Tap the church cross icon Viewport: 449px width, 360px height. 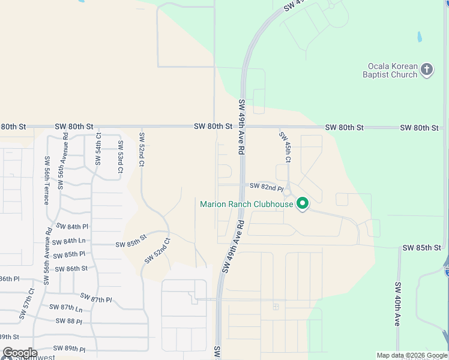[x=427, y=70]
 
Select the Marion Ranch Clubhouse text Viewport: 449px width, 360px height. [x=246, y=204]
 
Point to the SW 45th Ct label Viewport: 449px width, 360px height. [x=285, y=147]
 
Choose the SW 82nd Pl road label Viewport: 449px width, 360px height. [x=266, y=187]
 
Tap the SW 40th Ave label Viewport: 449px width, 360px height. [x=397, y=304]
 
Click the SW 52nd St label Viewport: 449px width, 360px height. [x=142, y=149]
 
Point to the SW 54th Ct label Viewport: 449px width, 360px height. [x=98, y=150]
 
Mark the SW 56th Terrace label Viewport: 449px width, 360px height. [x=46, y=180]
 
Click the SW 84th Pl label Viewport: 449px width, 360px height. [x=72, y=226]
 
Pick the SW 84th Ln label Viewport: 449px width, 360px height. [x=69, y=241]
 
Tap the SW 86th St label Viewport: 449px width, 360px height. [x=71, y=268]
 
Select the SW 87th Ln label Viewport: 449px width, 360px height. [x=66, y=308]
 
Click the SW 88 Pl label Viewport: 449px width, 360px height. [x=68, y=321]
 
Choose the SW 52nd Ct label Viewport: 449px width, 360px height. [x=157, y=251]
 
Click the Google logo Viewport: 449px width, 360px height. [x=20, y=353]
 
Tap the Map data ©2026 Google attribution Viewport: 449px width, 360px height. [x=412, y=355]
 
